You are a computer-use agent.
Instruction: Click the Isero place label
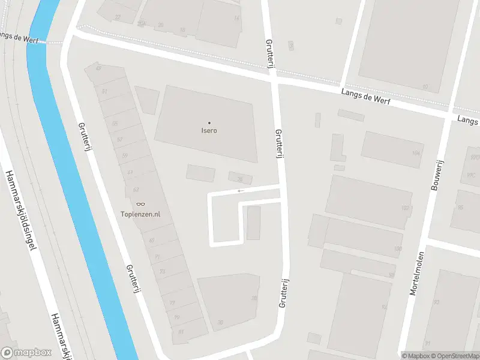(209, 130)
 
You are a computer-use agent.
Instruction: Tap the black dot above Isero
(209, 122)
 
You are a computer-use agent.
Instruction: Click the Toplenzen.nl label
(140, 214)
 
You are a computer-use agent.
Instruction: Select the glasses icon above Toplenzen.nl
(140, 205)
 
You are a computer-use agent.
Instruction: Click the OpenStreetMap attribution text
(454, 356)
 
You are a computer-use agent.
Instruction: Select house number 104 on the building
(415, 153)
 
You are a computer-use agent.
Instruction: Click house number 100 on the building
(397, 248)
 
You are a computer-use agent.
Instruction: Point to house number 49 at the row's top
(98, 68)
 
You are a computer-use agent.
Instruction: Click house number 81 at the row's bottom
(180, 331)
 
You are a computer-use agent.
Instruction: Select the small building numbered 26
(239, 178)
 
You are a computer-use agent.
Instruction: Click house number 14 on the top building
(236, 18)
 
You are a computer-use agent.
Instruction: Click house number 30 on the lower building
(221, 322)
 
